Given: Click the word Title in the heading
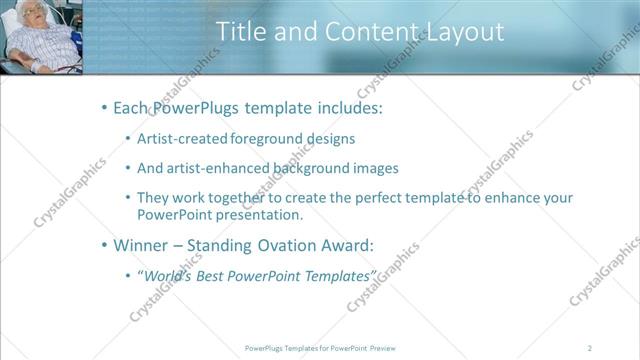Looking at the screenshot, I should pos(242,32).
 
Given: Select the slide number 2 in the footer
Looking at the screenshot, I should pos(591,347).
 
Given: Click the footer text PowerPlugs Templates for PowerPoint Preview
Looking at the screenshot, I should pos(319,347).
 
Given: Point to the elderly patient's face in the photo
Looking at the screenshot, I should pos(29,14).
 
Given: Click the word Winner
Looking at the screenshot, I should pos(141,244).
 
